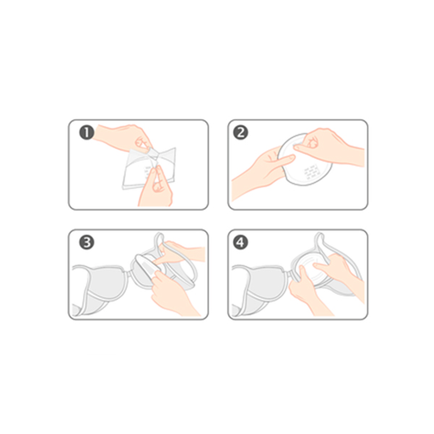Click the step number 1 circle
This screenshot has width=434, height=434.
[x=87, y=132]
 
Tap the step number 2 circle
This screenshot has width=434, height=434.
[x=240, y=132]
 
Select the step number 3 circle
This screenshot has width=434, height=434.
[x=87, y=242]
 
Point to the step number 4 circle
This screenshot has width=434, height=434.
[x=240, y=242]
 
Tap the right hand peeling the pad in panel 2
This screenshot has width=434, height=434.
[x=329, y=146]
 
